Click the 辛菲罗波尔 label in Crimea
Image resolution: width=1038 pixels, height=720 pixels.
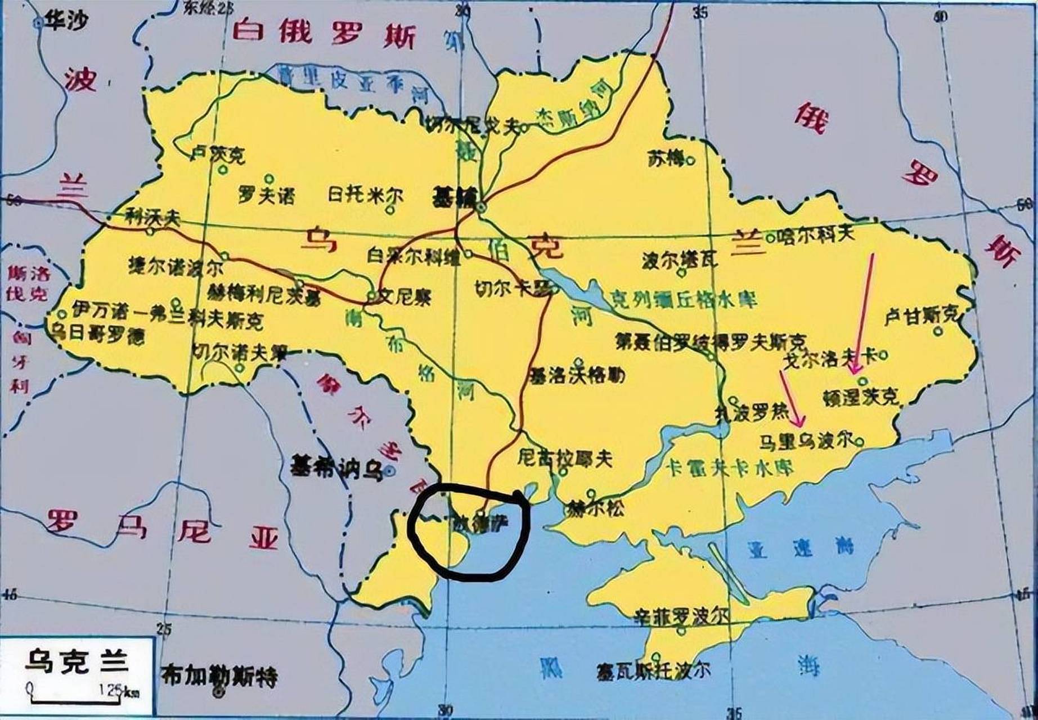(681, 616)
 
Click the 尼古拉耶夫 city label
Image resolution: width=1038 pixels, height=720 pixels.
(564, 459)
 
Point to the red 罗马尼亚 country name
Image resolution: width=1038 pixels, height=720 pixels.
(163, 527)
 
